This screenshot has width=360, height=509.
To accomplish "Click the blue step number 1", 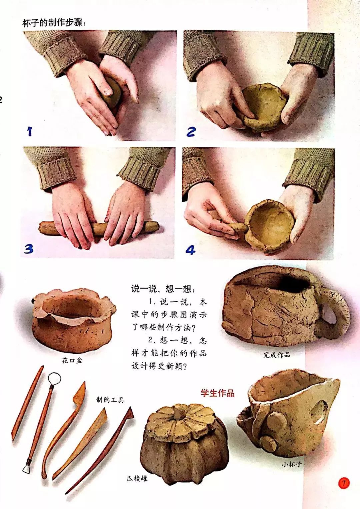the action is (30, 131).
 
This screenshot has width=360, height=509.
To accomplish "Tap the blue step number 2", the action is (191, 131).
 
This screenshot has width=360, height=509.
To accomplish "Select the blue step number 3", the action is (29, 249).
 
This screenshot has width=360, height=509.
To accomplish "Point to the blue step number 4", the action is (190, 250).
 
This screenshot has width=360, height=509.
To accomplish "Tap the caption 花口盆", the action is (72, 360).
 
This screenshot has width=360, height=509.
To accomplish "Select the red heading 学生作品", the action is (217, 393).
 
